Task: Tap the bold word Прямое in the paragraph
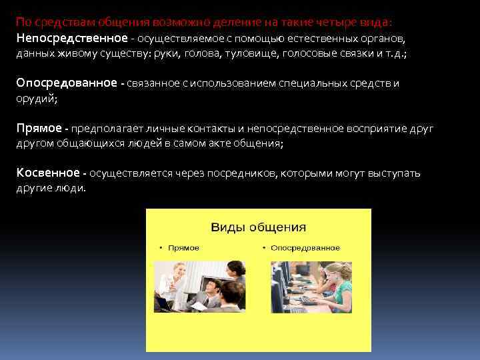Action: tap(38, 128)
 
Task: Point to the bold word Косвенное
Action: tap(47, 173)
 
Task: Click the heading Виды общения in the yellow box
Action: tap(258, 227)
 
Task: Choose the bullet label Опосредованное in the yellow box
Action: tap(305, 248)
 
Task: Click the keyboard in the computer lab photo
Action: tap(309, 301)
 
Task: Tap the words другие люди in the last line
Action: tap(51, 188)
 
